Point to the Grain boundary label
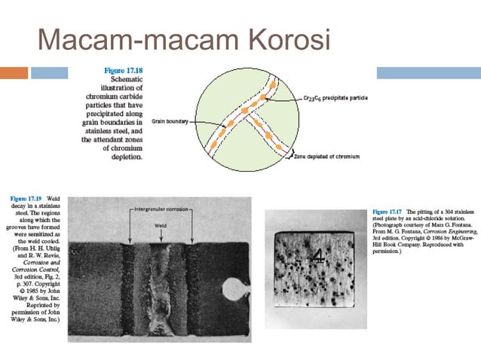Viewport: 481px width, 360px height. click(x=168, y=120)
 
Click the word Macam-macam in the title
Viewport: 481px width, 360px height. click(x=128, y=38)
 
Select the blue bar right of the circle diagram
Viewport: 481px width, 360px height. click(x=430, y=73)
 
